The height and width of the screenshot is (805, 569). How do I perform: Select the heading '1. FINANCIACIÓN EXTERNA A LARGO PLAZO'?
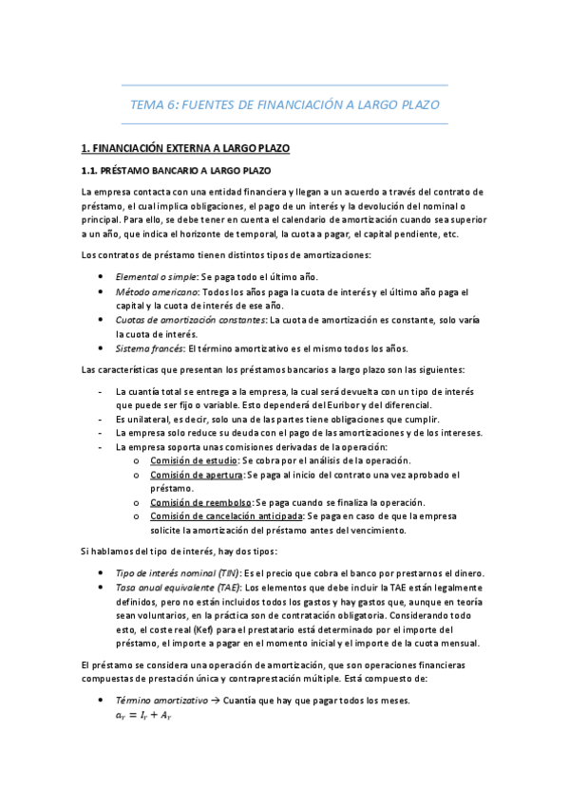click(x=185, y=149)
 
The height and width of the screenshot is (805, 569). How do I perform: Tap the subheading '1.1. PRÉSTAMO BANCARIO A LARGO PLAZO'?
click(x=176, y=171)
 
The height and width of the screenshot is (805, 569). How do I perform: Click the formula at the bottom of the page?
click(x=142, y=717)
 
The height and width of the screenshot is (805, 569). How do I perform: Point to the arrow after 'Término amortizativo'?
click(x=215, y=700)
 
